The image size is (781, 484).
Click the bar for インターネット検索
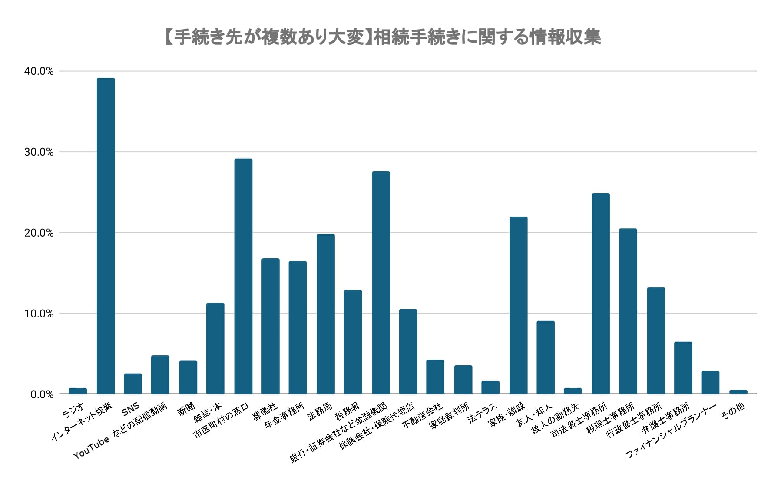point(106,236)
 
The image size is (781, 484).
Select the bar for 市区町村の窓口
point(243,276)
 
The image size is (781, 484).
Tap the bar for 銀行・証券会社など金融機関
point(381,283)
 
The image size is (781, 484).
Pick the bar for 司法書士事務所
point(601,294)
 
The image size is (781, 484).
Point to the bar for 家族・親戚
point(518,305)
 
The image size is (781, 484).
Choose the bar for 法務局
point(326,314)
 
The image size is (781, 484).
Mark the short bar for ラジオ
point(78,391)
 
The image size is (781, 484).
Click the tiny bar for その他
point(738,392)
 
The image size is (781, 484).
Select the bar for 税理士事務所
point(628,311)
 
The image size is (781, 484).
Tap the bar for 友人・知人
point(546,357)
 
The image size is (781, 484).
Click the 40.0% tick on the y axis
point(39,71)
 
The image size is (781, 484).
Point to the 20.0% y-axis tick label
point(39,233)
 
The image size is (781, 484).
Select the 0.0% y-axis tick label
point(42,394)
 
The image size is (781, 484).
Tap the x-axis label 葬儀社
point(265,411)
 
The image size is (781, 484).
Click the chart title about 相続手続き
point(382,37)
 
